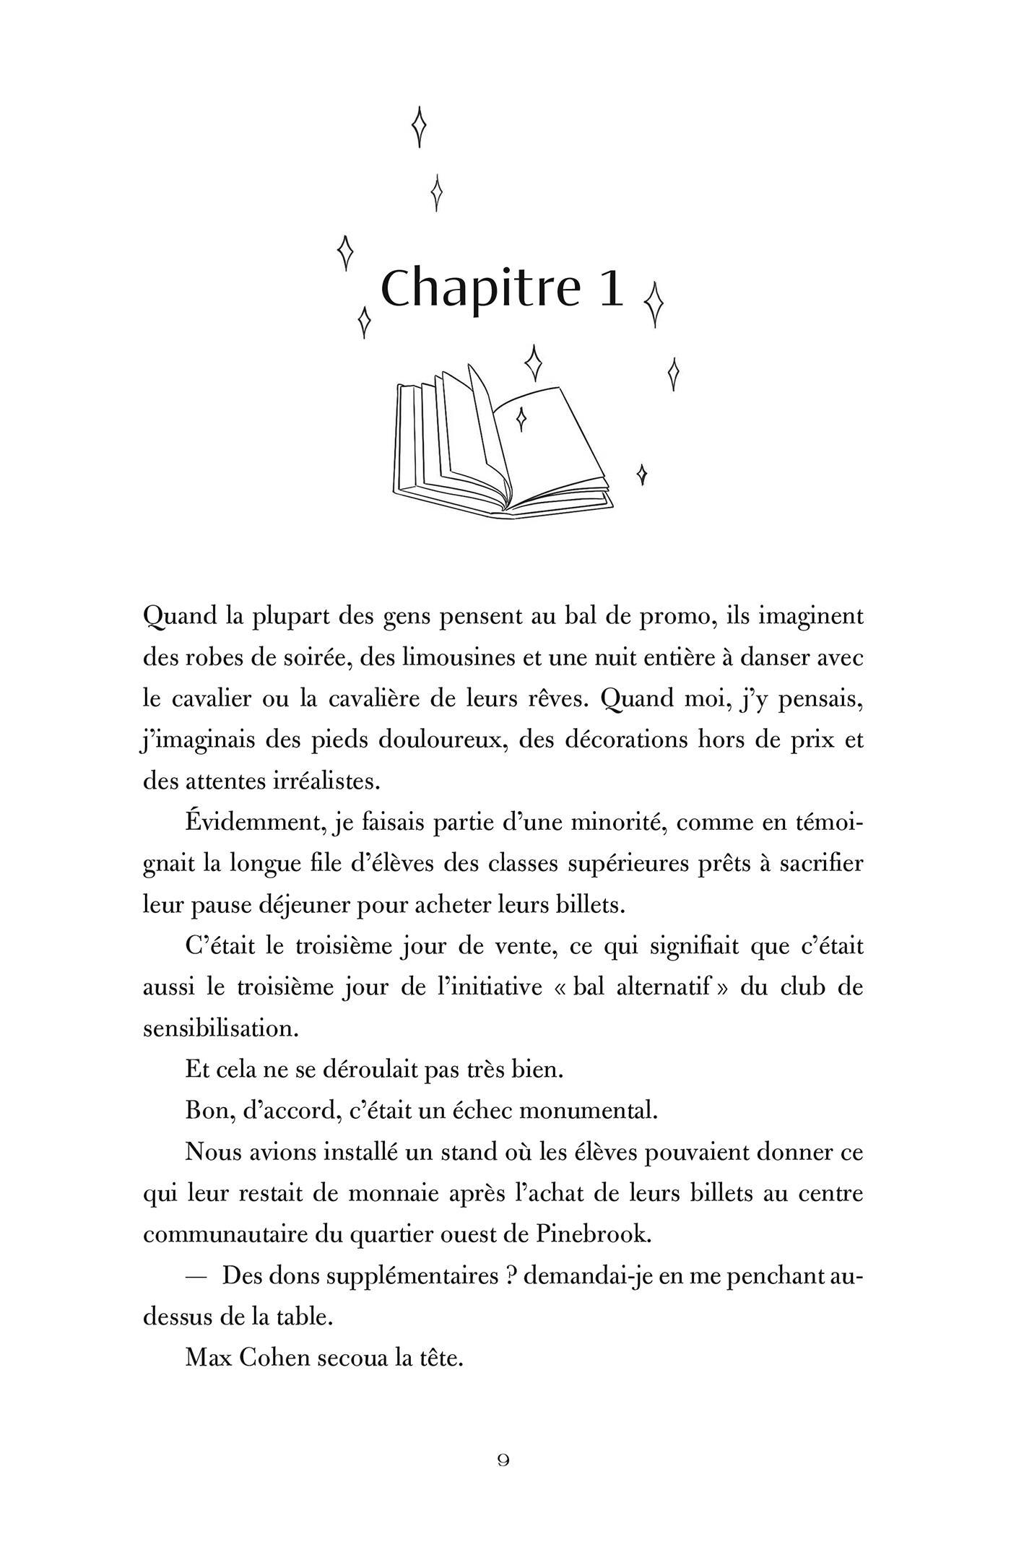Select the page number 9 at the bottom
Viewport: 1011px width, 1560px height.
coord(504,1460)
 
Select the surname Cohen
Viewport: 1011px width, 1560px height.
coord(284,1358)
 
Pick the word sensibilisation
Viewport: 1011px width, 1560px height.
coord(220,1028)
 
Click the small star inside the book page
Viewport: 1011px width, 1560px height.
coord(521,417)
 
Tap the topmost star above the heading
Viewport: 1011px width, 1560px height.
coord(419,126)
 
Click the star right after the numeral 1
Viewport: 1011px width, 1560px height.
coord(654,303)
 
